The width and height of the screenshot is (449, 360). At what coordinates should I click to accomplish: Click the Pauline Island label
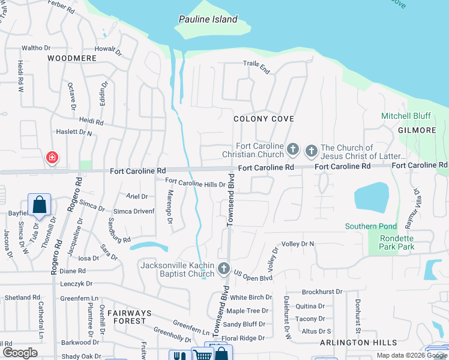coord(208,19)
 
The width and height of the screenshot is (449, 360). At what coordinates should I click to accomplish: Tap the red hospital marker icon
coord(52,157)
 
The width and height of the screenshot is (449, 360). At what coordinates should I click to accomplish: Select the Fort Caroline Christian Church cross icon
coord(293,148)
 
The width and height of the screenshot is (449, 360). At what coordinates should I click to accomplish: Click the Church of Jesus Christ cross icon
coord(312,151)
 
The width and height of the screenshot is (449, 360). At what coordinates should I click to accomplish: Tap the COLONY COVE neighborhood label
coord(264,119)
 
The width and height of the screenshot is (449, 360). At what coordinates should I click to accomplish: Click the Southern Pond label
coord(371,226)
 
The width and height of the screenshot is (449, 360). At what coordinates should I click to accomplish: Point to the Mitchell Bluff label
coord(406,116)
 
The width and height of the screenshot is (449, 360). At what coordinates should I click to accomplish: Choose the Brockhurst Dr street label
coord(322,292)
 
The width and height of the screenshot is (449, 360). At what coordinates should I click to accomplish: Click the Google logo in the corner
coord(20,353)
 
